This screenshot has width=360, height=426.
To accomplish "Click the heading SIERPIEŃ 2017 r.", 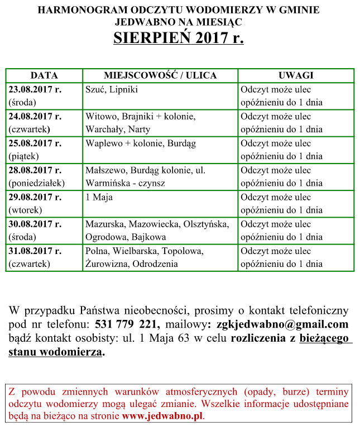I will [179, 38].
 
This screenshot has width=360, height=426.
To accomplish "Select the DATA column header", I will [44, 75].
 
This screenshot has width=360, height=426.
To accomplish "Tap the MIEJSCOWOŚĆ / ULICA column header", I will [160, 75].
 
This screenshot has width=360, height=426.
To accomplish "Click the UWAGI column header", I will [295, 75].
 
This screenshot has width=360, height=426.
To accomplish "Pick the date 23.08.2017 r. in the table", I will [35, 89].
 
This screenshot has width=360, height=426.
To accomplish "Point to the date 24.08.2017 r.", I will [35, 116].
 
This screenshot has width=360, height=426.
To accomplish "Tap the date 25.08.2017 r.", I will [35, 143].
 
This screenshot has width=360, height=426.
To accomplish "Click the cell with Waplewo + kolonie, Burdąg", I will [141, 143].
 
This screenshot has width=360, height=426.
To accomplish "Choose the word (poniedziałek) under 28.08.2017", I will [37, 183].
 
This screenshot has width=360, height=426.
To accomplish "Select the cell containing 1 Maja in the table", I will [98, 197].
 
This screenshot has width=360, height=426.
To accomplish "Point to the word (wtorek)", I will [26, 210].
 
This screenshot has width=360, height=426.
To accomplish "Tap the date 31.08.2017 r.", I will [35, 251].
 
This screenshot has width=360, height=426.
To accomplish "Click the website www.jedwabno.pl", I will [162, 416].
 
